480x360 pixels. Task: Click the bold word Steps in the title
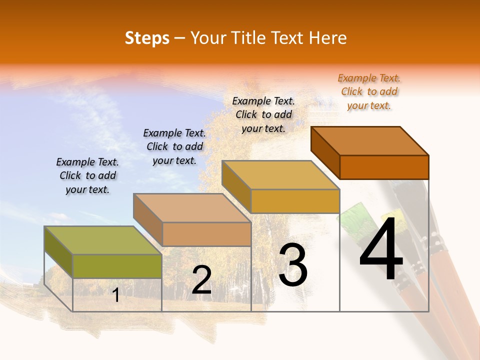pos(147,38)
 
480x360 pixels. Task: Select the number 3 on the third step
pos(293,264)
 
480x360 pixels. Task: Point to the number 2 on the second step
pos(201,279)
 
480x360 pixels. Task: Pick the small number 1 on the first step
pos(116,295)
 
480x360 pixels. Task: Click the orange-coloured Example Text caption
pos(369,91)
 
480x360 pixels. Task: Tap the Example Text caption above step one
pos(87,175)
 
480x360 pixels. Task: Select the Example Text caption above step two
pos(174,146)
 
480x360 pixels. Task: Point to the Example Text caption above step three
pos(263,114)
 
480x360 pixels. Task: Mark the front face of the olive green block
pos(117,266)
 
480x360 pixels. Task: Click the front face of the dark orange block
pos(384,167)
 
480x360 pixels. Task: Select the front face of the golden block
pos(295,201)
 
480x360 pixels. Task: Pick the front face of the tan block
pos(206,234)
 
